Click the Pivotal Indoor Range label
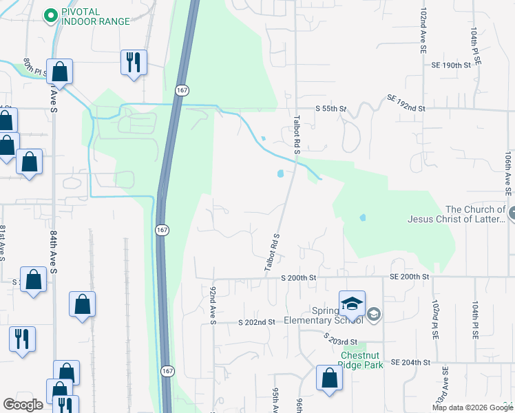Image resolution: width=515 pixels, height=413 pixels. tap(95, 16)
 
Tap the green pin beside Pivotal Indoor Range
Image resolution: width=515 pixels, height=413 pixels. tap(50, 15)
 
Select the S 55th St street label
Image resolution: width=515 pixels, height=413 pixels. tap(330, 109)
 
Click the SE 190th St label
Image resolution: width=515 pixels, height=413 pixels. tap(450, 65)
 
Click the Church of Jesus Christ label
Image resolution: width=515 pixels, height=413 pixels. tap(476, 215)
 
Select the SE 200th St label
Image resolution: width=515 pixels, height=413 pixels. tap(410, 276)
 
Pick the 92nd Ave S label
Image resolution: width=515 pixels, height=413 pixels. tap(213, 305)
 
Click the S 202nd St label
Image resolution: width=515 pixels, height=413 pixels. tap(257, 321)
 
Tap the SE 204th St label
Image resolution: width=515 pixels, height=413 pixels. tap(410, 362)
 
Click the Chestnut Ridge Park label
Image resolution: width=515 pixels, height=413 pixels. tap(362, 361)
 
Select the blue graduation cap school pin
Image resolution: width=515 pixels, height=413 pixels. tap(351, 302)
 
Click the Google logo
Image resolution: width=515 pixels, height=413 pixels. tap(23, 405)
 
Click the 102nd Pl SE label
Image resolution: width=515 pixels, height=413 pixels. tap(436, 318)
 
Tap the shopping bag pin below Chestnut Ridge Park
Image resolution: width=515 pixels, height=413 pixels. tap(329, 378)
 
